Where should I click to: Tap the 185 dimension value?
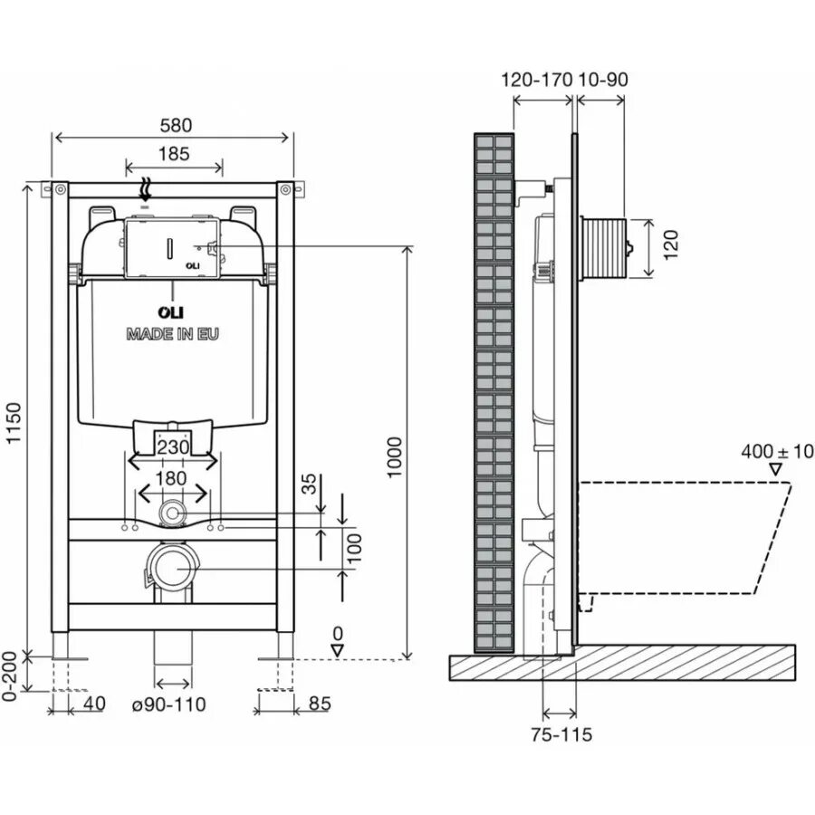click(173, 153)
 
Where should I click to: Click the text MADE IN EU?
click(172, 333)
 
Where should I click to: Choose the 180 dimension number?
click(171, 477)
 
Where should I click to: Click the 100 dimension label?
click(356, 545)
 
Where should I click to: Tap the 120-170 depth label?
click(536, 80)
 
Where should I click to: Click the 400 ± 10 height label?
click(777, 450)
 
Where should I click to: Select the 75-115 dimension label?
click(561, 734)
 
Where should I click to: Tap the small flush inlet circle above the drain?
click(171, 513)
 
